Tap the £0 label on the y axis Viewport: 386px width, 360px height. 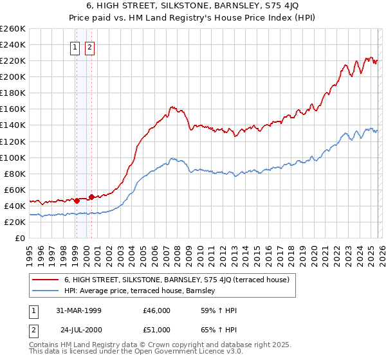(19, 238)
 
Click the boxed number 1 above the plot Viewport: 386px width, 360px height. (76, 47)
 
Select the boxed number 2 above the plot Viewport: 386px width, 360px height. (89, 47)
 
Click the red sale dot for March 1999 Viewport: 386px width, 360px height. (77, 201)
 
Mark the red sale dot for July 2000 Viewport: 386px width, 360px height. (92, 197)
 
